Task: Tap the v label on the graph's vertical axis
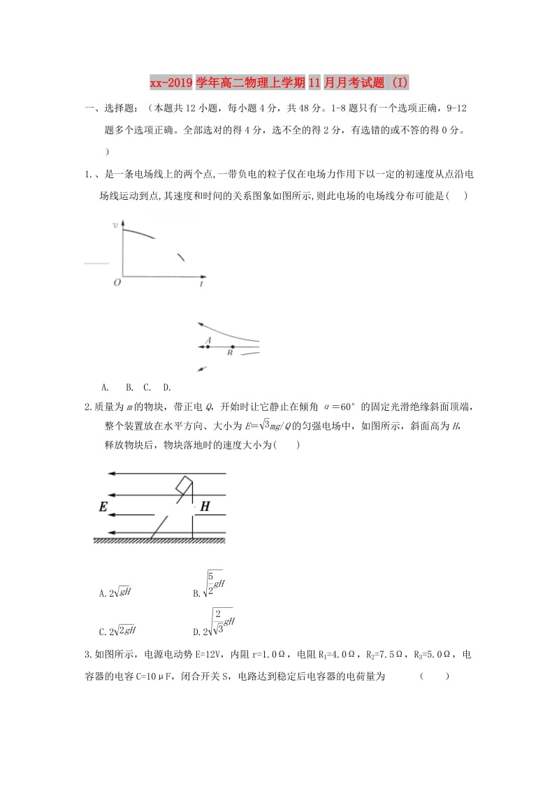click(116, 224)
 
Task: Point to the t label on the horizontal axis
click(201, 284)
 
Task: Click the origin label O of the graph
click(117, 282)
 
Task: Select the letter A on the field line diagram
click(208, 340)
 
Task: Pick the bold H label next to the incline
click(205, 507)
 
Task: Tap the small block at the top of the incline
click(184, 484)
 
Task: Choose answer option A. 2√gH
click(116, 593)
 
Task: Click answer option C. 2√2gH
click(118, 630)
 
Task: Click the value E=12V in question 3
click(181, 655)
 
